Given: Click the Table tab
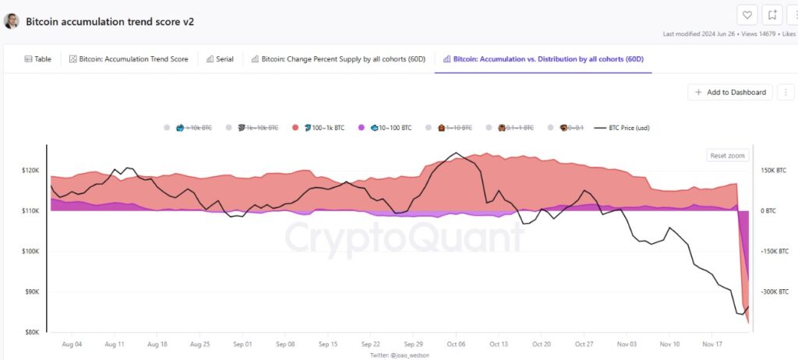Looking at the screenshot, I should pos(38,59).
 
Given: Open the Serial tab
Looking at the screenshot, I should pos(220,59).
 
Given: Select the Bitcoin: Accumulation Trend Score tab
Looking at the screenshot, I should pos(129,59).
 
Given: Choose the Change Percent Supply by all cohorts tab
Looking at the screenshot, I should pos(337,59).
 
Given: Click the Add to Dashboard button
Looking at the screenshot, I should pos(730,92).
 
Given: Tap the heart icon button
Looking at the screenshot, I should pos(747,15).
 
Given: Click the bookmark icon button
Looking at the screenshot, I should pos(772,15).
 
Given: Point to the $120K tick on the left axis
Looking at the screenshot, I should pos(30,171).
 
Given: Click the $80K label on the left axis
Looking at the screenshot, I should pos(31,333).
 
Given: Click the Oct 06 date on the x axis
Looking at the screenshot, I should pos(457,344).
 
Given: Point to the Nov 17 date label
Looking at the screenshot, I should pos(709,344).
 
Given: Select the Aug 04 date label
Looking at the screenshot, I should pos(71,344).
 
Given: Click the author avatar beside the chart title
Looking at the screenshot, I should pos(12,21).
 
